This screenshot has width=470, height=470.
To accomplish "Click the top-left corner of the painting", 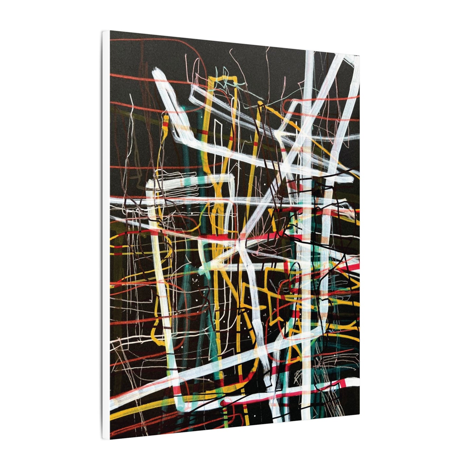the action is click(x=110, y=32).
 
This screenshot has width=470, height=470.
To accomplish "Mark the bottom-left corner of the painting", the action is click(x=110, y=439).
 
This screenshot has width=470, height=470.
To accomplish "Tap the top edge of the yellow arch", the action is click(x=224, y=78).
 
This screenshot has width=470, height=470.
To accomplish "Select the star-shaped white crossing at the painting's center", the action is click(x=239, y=242).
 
